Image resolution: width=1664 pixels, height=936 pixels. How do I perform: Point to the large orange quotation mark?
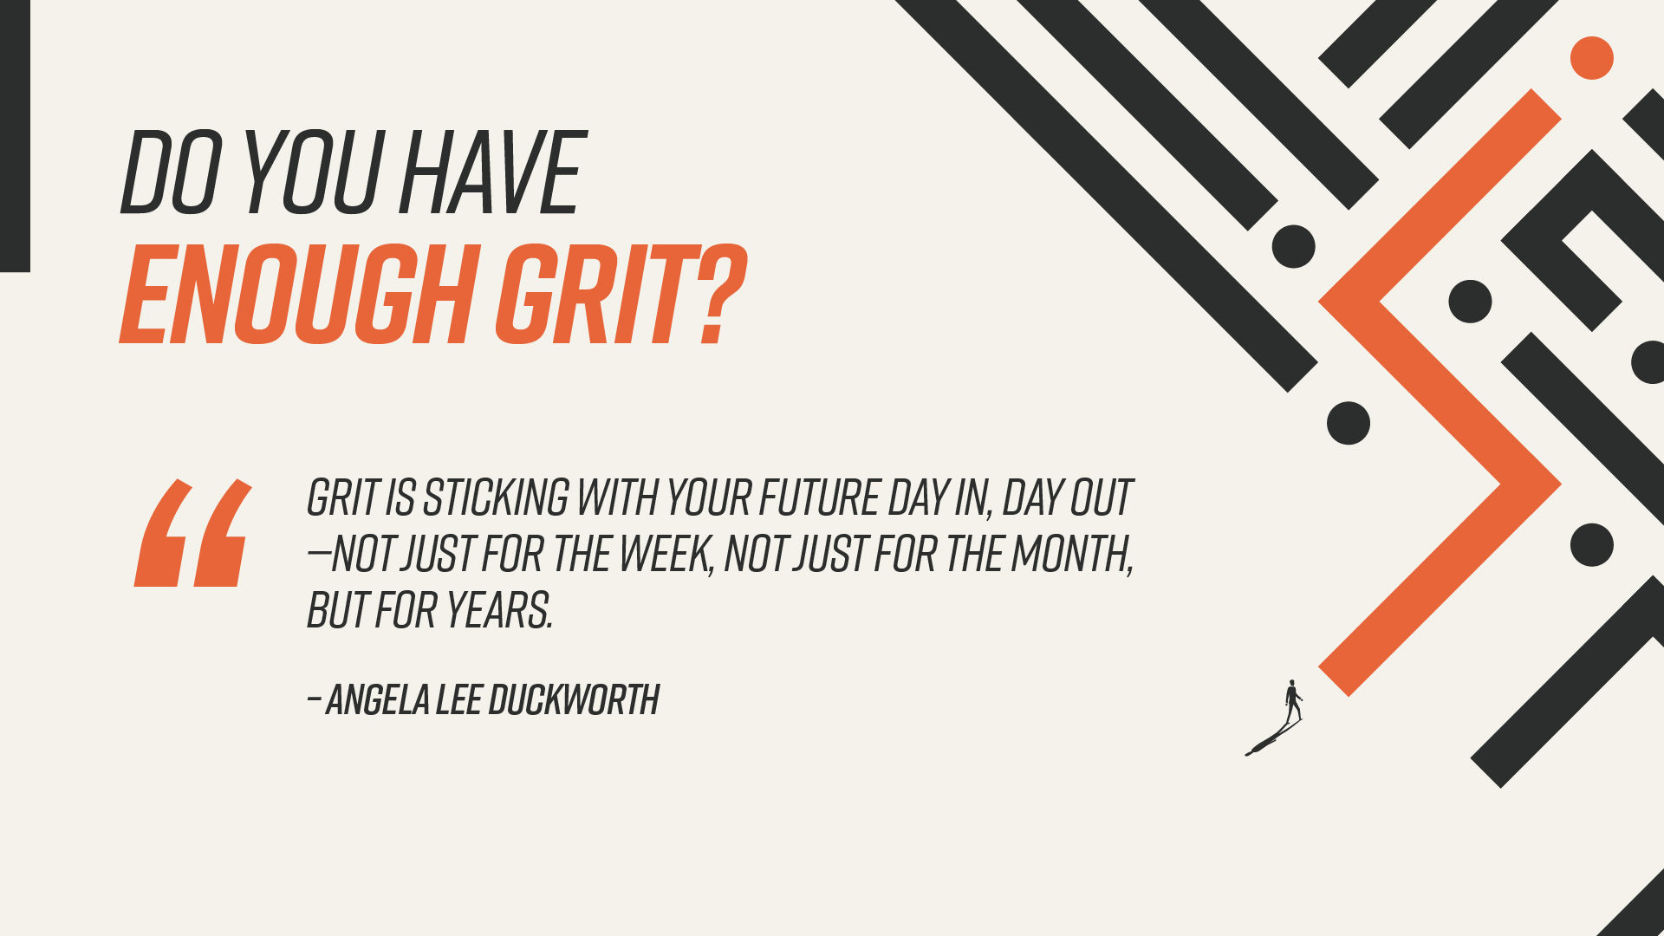193,532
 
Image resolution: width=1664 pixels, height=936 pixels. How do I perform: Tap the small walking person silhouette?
1293,700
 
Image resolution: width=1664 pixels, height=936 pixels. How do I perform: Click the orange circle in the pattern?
1592,58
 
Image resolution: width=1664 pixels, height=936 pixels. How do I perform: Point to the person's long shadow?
1272,738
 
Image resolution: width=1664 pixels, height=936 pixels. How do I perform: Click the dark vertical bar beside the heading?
15,136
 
